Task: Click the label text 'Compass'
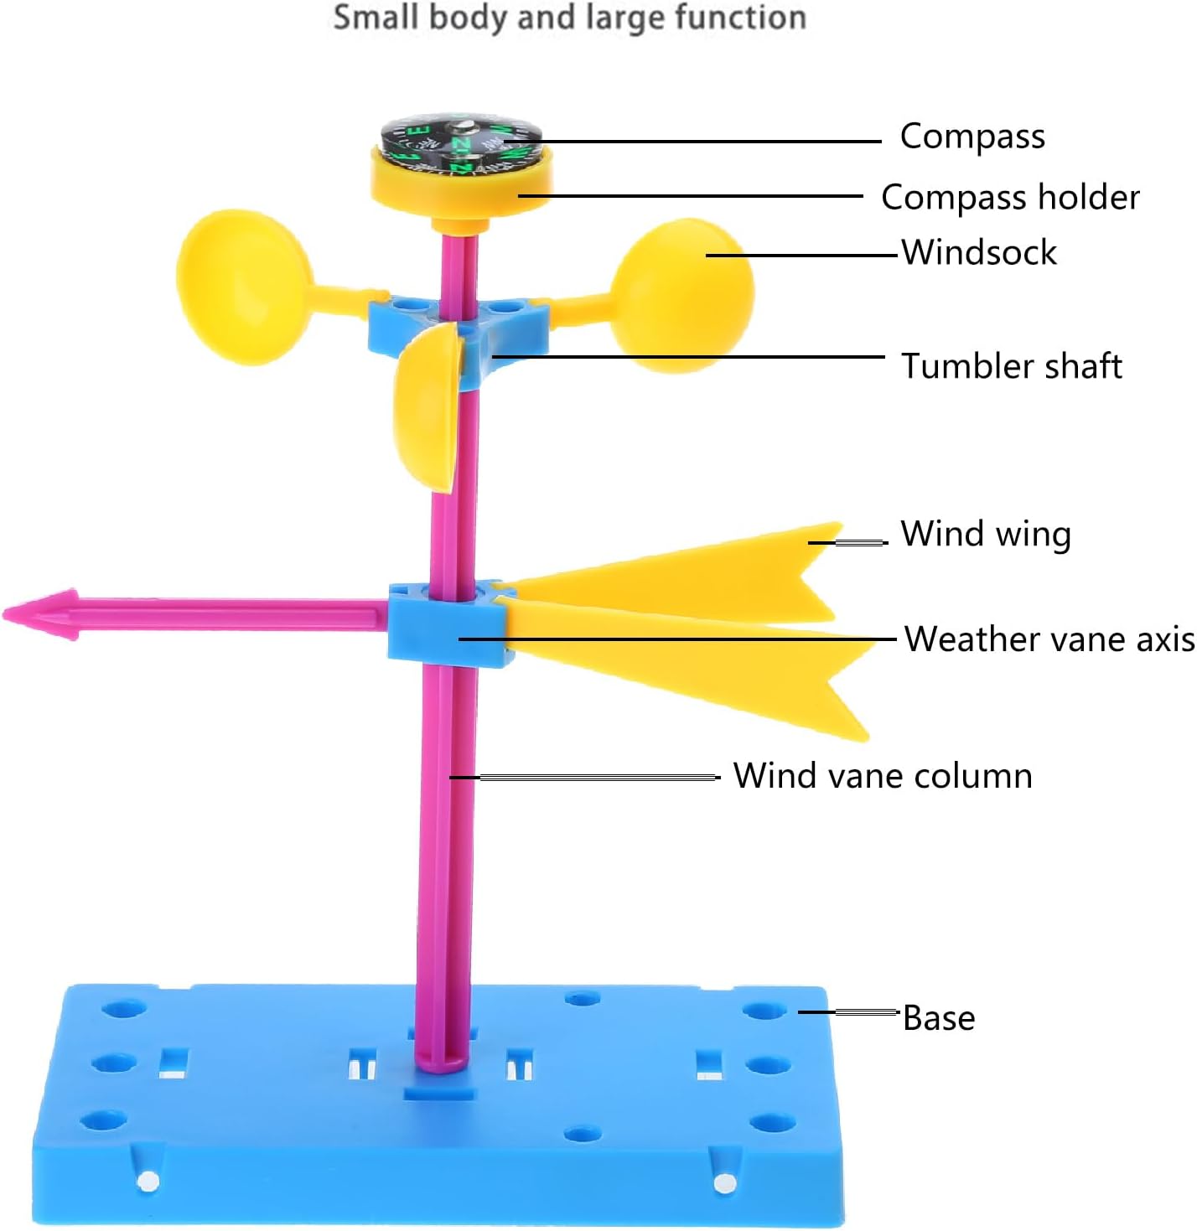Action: click(x=972, y=137)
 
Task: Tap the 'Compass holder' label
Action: click(x=1010, y=197)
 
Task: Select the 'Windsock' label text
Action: click(x=979, y=252)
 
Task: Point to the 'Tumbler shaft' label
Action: click(x=1012, y=365)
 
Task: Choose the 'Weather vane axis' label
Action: click(x=1049, y=639)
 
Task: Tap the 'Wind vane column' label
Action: click(x=883, y=775)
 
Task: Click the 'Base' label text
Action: click(x=939, y=1018)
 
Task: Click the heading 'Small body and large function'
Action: click(x=569, y=18)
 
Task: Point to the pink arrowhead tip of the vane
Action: click(x=4, y=613)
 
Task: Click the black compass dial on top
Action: click(x=460, y=144)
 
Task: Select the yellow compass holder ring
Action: click(x=461, y=184)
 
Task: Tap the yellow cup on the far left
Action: click(x=244, y=287)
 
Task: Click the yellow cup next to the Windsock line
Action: click(x=682, y=296)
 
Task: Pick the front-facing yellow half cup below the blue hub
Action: click(x=427, y=408)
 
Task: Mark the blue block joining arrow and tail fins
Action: click(x=449, y=623)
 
